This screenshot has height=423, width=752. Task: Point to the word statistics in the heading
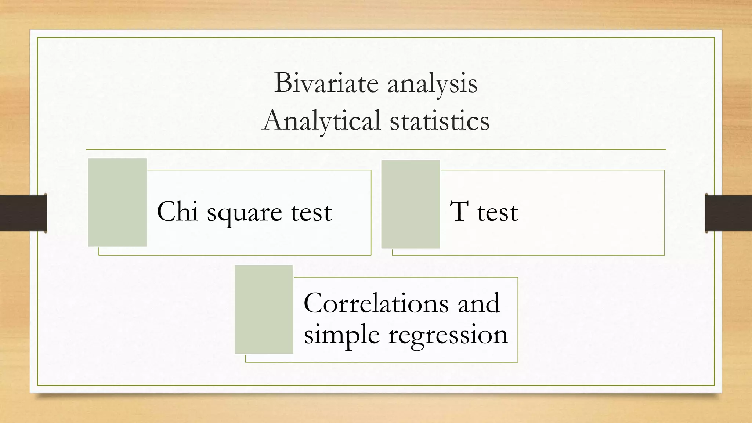(439, 120)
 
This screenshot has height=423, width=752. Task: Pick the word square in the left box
(244, 213)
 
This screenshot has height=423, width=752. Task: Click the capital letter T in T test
(459, 211)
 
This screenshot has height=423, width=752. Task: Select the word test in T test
(498, 212)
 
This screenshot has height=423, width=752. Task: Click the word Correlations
(376, 303)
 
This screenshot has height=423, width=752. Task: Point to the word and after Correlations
(479, 303)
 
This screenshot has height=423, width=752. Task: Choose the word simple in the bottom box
(341, 335)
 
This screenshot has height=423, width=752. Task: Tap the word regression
(448, 335)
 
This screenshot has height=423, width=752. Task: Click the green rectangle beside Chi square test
(117, 202)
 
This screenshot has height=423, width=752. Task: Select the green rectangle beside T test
(411, 204)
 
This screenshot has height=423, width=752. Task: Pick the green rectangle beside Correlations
(264, 310)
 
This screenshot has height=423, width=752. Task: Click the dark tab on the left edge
(23, 213)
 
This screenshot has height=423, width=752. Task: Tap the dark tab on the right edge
(728, 213)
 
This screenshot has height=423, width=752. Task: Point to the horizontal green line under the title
(376, 149)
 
